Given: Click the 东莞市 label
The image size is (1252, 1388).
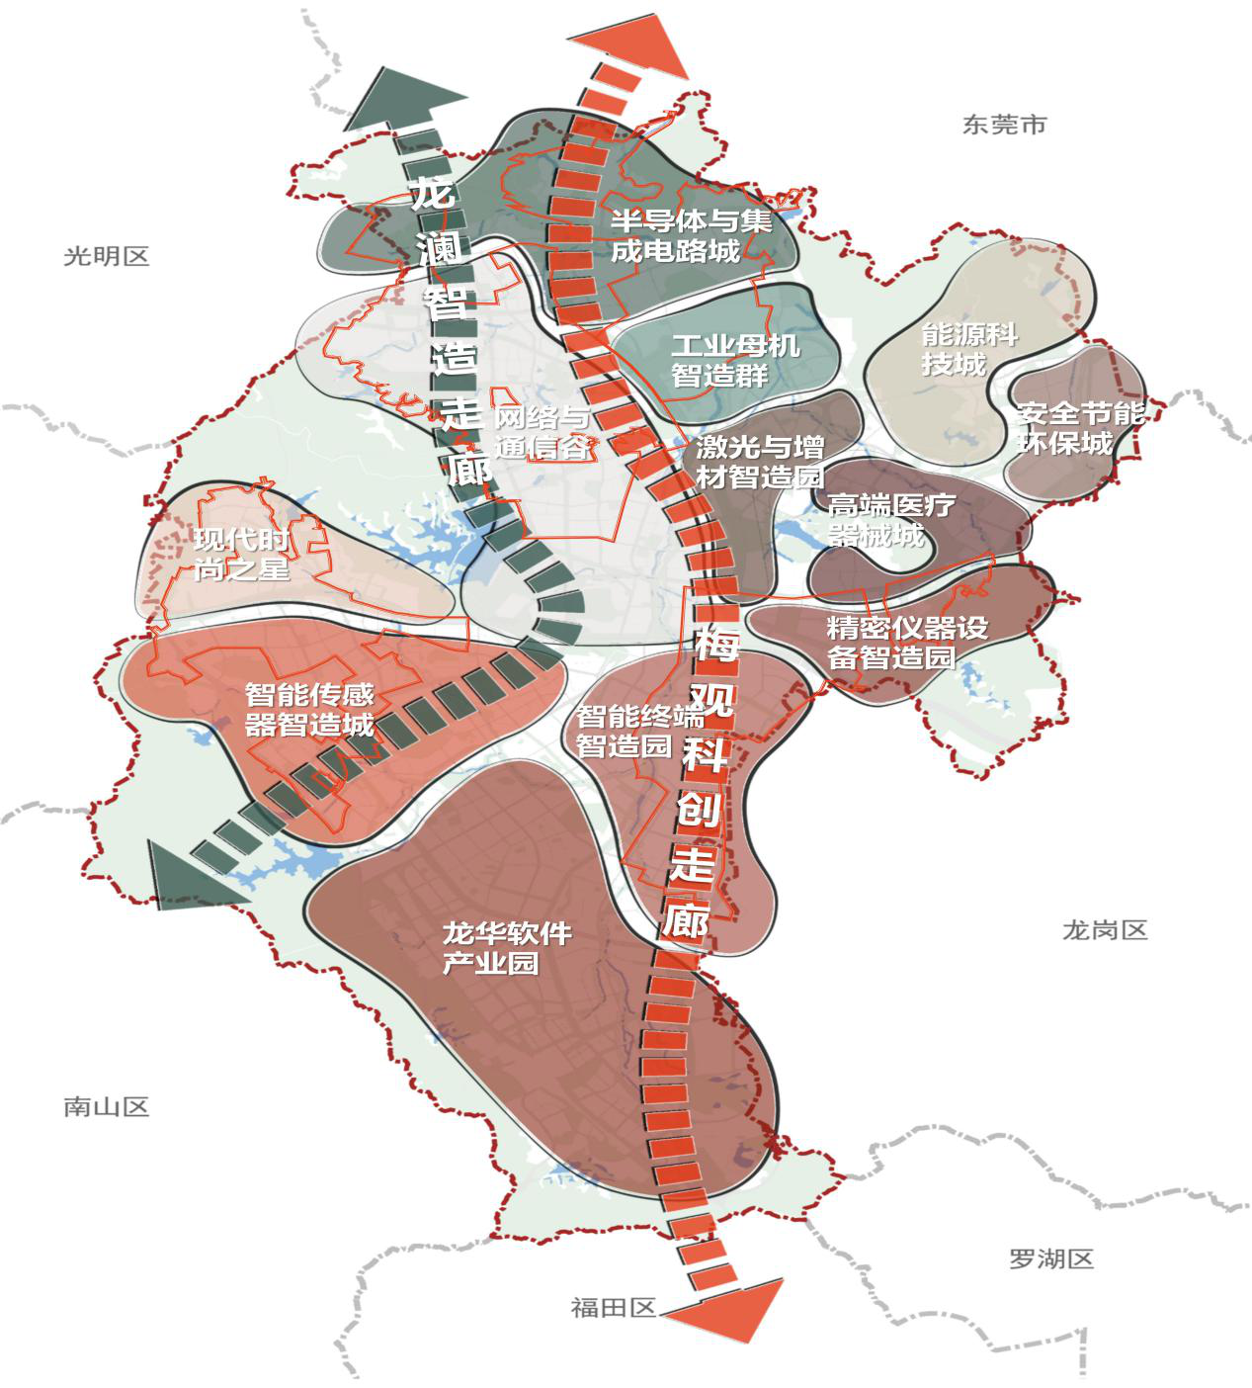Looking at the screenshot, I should click(x=1004, y=126).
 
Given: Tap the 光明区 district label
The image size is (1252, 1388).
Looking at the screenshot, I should click(x=106, y=257).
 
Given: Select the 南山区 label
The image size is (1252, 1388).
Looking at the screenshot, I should click(x=106, y=1106).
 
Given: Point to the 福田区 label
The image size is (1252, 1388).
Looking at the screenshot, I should click(x=613, y=1308).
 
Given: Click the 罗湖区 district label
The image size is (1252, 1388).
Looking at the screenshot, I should click(x=1051, y=1259).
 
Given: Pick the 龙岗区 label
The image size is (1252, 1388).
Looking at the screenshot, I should click(x=1105, y=930).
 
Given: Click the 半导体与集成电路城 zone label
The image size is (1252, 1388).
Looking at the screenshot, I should click(x=690, y=235).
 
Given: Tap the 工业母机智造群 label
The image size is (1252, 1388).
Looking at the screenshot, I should click(x=734, y=361).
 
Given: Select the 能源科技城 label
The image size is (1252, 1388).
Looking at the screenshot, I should click(x=967, y=349).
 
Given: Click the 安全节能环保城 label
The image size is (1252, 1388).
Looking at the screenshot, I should click(x=1079, y=428).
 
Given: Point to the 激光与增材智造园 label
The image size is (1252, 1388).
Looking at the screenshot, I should click(x=759, y=461).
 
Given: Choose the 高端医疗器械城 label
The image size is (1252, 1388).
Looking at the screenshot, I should click(x=890, y=521).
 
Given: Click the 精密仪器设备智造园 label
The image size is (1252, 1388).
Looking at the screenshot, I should click(x=906, y=643).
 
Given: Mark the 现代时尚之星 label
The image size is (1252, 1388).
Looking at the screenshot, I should click(x=241, y=555).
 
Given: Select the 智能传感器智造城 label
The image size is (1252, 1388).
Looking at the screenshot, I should click(x=309, y=709).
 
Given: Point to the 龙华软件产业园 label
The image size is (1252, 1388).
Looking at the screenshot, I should click(x=506, y=948).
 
